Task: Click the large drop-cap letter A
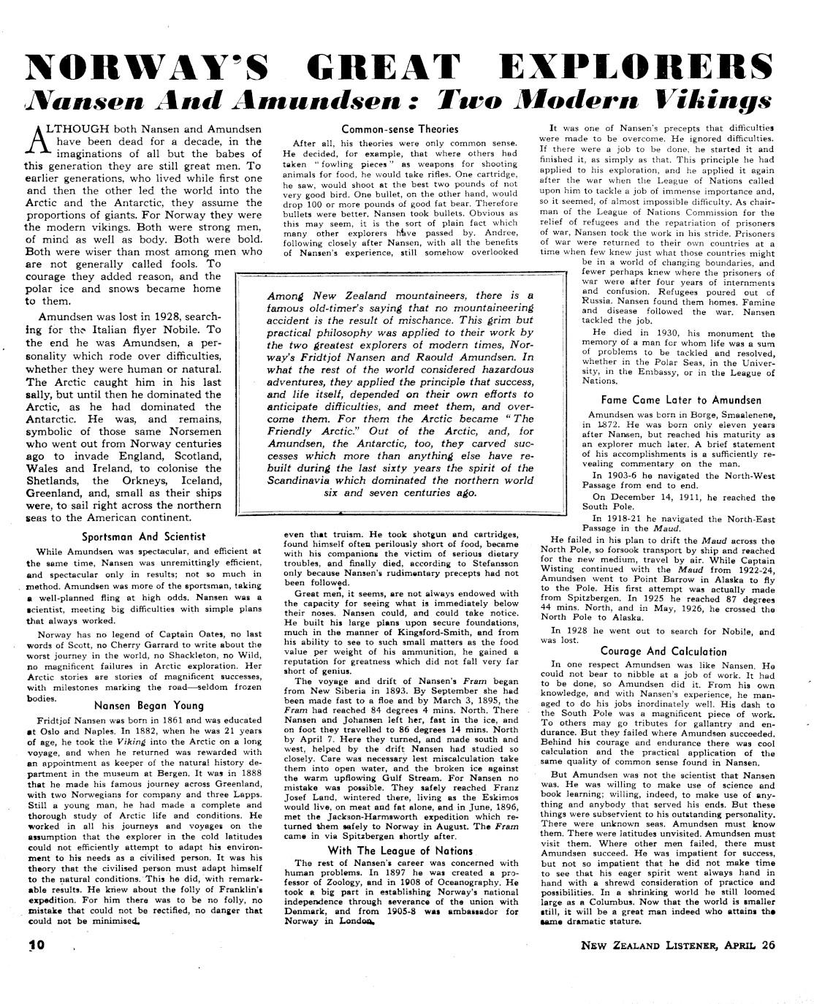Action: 40,137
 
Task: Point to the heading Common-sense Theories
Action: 400,129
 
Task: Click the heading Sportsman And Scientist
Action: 143,536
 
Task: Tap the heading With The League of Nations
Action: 400,851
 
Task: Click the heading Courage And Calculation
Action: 663,651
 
